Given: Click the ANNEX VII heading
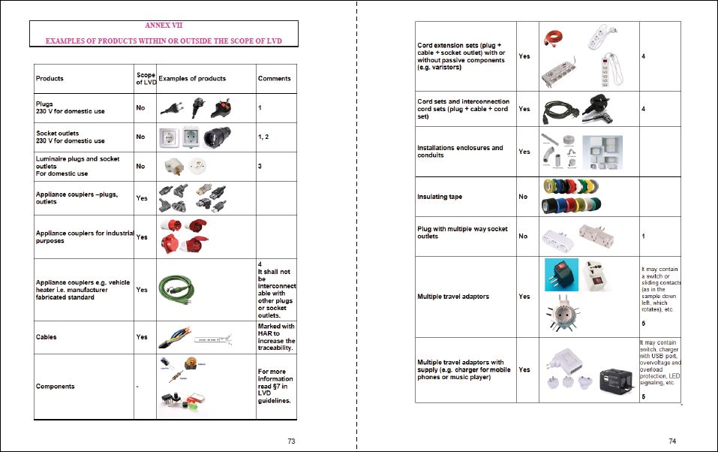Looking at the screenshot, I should [163, 26].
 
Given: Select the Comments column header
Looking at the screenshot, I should [274, 78].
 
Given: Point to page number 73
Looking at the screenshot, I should [291, 441].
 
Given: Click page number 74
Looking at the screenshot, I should [673, 441].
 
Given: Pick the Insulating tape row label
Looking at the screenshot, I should [440, 197].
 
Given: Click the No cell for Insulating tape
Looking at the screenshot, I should [523, 197].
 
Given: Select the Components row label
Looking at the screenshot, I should [55, 386].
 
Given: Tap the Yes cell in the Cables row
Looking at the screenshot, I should [142, 337].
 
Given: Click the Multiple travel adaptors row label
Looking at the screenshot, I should [452, 297].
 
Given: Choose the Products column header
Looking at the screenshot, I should [50, 78].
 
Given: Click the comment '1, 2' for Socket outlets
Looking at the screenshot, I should [265, 136].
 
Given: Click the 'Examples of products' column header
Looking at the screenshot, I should [192, 78].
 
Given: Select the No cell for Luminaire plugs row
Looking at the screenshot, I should [140, 166].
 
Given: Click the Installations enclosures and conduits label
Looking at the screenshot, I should [460, 152].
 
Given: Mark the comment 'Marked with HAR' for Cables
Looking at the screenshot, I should [276, 337].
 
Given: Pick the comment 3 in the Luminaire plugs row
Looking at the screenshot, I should [260, 166].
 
